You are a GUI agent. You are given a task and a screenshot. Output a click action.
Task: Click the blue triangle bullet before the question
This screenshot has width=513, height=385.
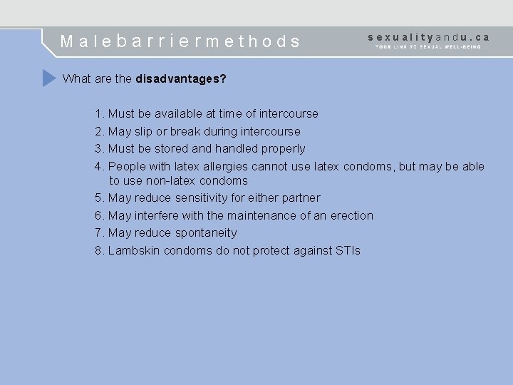(x=48, y=78)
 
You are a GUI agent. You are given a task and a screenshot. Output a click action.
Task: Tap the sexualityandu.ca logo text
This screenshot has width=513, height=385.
(x=429, y=36)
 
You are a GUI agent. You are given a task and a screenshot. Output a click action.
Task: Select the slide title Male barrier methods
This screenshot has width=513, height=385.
(x=181, y=41)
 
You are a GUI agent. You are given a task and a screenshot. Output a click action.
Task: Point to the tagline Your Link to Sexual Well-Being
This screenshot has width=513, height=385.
(x=429, y=47)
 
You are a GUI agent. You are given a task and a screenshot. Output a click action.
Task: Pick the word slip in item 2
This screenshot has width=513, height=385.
(x=145, y=131)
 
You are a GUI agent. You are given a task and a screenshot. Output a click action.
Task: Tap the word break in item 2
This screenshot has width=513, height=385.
(x=187, y=131)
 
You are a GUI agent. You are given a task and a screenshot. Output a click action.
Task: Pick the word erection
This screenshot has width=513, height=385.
(x=351, y=215)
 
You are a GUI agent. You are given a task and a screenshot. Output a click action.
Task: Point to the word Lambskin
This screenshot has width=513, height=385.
(x=134, y=250)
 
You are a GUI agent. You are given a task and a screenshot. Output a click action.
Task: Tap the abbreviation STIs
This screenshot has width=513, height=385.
(x=348, y=250)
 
